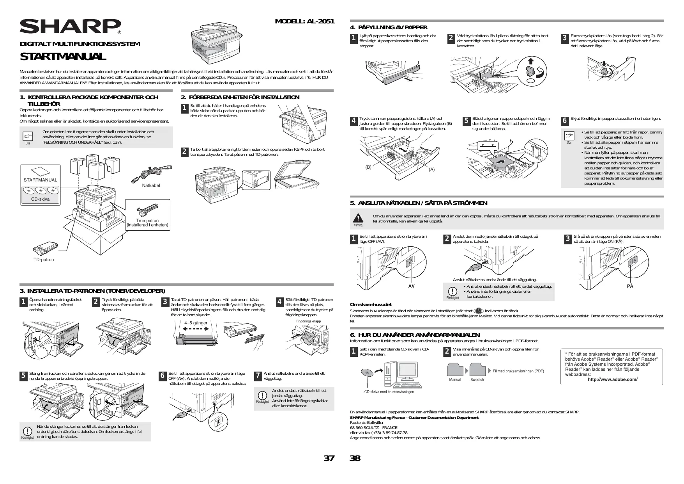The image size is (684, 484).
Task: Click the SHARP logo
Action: [x=70, y=26]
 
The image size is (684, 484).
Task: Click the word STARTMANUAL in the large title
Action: [x=63, y=57]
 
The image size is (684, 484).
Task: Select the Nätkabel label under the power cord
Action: [x=151, y=185]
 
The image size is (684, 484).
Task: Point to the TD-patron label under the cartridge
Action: [x=44, y=260]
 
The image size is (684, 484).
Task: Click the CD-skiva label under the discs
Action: [x=41, y=199]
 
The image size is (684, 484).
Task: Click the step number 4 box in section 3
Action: [x=279, y=302]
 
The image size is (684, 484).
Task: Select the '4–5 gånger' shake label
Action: [x=196, y=323]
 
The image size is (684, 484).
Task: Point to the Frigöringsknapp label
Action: [x=308, y=321]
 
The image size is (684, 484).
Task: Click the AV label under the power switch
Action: [x=411, y=286]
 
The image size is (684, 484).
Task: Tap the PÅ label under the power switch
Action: [x=630, y=286]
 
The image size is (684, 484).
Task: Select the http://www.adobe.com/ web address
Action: [x=612, y=379]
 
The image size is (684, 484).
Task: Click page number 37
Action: [x=329, y=458]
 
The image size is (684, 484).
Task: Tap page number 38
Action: [x=355, y=458]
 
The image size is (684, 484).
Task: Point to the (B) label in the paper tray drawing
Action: [x=368, y=167]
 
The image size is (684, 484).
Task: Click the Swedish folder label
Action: [x=477, y=379]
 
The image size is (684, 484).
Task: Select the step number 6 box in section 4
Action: [x=564, y=121]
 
